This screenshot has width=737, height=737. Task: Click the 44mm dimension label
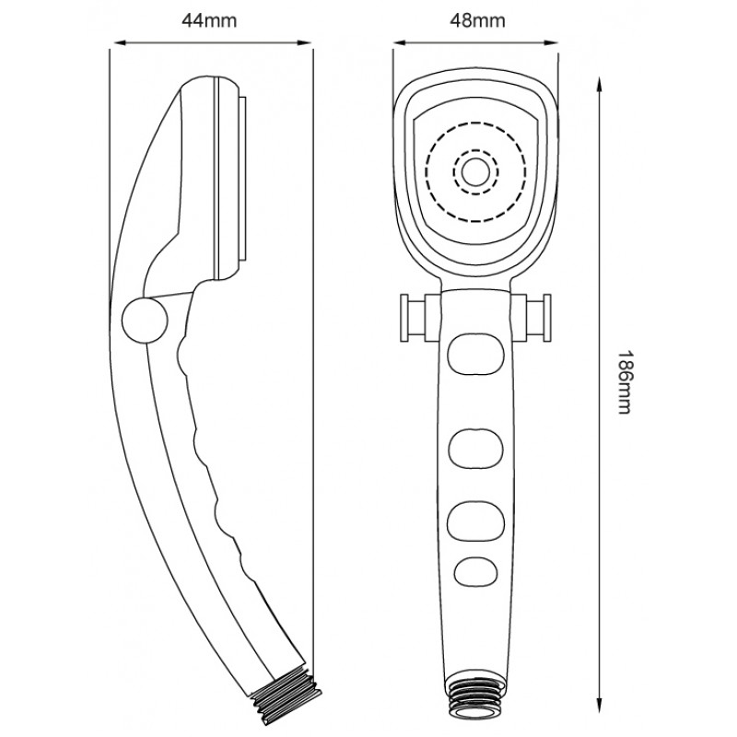209,20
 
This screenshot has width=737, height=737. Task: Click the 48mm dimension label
477,20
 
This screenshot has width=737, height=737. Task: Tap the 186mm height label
624,381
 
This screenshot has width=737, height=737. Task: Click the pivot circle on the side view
145,320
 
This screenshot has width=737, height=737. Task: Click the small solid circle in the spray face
475,171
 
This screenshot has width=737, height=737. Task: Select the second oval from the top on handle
475,449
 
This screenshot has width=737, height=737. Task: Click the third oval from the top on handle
475,521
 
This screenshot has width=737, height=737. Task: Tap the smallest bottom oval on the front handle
475,571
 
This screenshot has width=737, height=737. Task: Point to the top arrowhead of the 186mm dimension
600,85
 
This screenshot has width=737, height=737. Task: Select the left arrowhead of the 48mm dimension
401,42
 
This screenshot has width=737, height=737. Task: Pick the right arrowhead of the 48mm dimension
551,42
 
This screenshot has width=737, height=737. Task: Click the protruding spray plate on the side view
242,179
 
